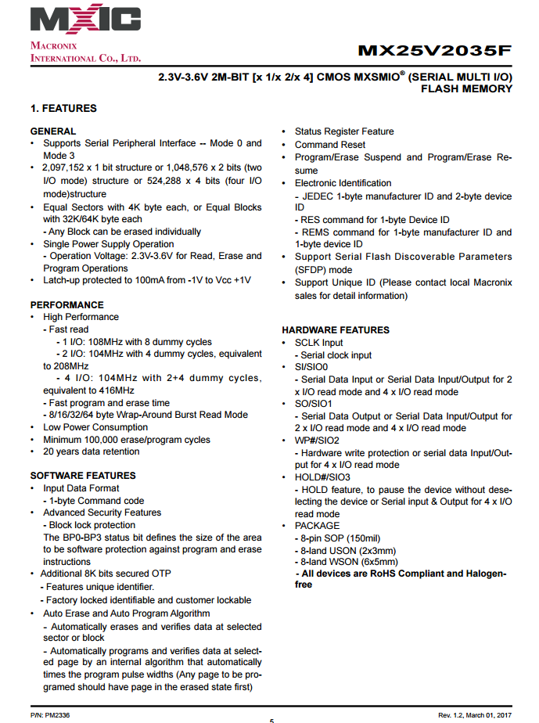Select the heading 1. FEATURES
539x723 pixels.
(63, 108)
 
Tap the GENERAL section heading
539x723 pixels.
(53, 131)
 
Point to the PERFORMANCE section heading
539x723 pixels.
(66, 304)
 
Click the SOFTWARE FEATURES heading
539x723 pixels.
(83, 476)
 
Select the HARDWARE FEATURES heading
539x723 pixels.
(336, 330)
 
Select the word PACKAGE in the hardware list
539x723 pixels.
(317, 526)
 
